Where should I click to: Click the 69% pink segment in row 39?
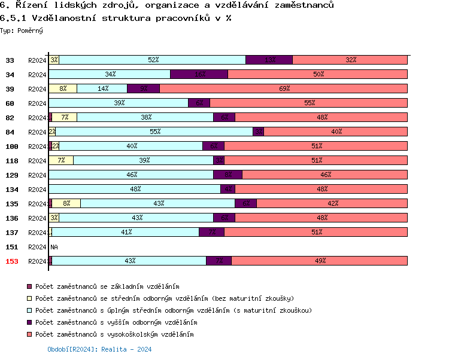point(284,89)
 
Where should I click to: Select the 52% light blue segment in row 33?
point(153,60)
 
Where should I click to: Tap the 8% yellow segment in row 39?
point(63,89)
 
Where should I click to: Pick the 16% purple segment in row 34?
point(199,74)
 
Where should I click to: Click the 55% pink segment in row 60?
point(309,103)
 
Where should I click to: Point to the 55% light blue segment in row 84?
point(154,132)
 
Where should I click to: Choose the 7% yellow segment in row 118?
point(61,160)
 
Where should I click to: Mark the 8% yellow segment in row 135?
point(66,203)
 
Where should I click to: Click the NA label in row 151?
point(54,246)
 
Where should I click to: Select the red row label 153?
point(10,261)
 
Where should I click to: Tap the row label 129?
point(10,175)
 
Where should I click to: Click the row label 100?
point(10,146)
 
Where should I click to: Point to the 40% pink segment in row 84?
point(336,132)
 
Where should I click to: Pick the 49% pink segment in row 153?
point(320,261)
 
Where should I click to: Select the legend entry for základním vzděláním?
point(107,287)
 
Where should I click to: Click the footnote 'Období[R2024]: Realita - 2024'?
point(99,349)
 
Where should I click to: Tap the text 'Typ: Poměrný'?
point(22,30)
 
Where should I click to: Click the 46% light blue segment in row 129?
point(131,175)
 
